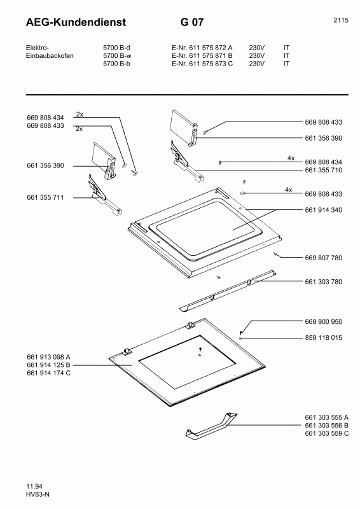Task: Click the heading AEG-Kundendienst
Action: tap(76, 22)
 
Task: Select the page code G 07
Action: tap(192, 22)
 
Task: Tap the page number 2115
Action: tap(341, 20)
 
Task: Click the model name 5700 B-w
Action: tap(117, 55)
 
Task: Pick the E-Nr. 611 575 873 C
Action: tap(202, 64)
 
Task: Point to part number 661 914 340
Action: tap(324, 210)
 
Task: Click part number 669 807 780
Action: tap(324, 258)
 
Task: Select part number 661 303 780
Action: tap(324, 282)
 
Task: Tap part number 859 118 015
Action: tap(324, 338)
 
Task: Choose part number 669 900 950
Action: tap(324, 322)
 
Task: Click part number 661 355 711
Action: tap(45, 197)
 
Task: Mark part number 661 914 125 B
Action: tap(49, 365)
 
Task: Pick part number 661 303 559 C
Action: tap(327, 433)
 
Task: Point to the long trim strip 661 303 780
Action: tap(228, 290)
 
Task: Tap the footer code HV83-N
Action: tap(38, 494)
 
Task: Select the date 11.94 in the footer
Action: tap(34, 486)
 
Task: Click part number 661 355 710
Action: tap(324, 170)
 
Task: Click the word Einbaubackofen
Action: tap(50, 55)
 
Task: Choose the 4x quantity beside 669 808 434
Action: tap(291, 158)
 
